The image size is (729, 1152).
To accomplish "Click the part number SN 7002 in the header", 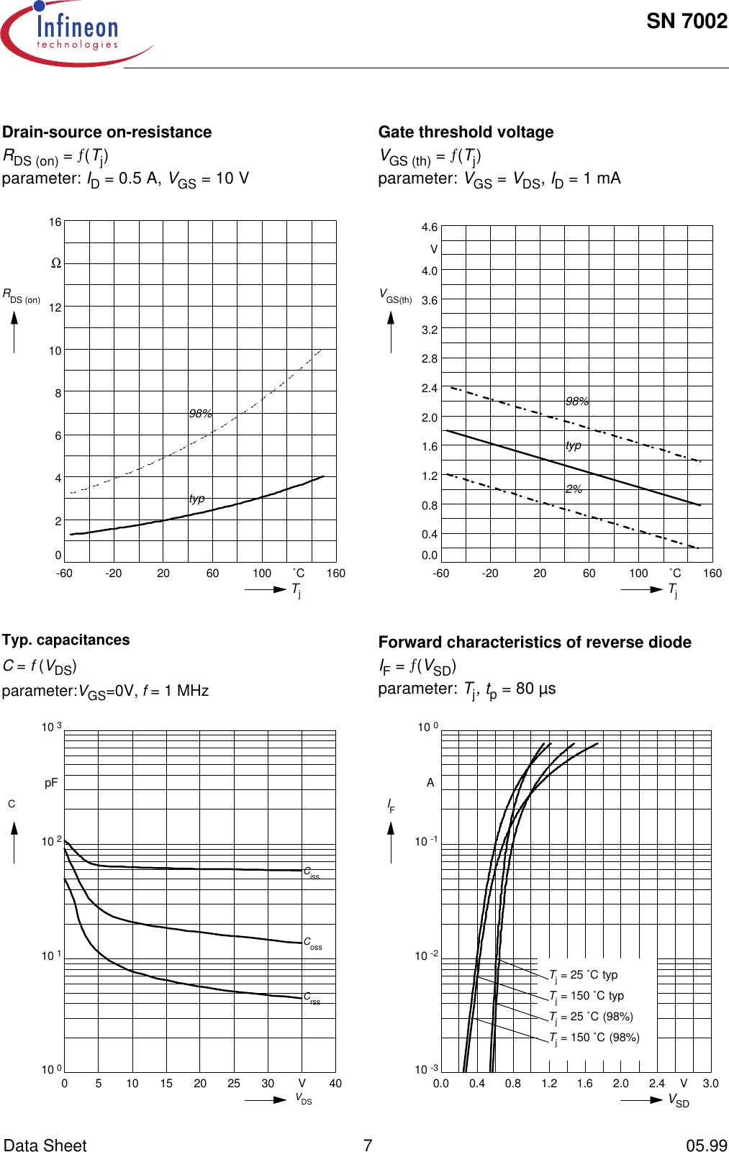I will pos(686,22).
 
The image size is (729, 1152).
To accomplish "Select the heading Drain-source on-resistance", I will pos(107,132).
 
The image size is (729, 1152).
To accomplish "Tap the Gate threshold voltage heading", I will pos(466,132).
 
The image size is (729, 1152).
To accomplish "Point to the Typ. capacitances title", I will pos(66,640).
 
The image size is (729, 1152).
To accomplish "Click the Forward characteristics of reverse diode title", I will pos(535,643).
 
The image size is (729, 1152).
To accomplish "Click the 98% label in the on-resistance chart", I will pos(201,414).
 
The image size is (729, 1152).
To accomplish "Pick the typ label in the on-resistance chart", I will pos(197,499).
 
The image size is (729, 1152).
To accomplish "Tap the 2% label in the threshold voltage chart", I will pos(574,489).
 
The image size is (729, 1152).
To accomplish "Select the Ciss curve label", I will pos(311,872).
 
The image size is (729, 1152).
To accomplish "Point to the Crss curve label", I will pos(312,998).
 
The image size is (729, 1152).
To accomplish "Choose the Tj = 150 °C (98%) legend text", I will pos(594,1038).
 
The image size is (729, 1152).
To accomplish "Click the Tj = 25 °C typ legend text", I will pos(584,975).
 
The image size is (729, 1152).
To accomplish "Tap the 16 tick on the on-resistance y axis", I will pos(55,222).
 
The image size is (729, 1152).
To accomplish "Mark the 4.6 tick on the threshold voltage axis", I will pos(430,227).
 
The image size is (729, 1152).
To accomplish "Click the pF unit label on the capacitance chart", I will pos(51,783).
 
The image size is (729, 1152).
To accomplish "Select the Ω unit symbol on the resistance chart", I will pos(56,263).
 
